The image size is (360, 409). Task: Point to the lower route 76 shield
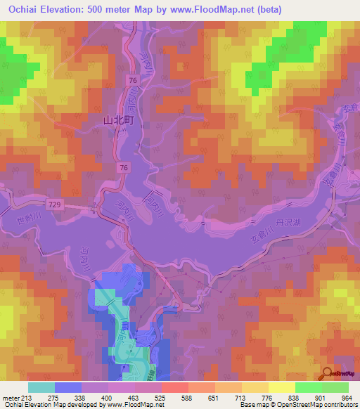[x=124, y=167]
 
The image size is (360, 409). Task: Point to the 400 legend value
[x=105, y=397]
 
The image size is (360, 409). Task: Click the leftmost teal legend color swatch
[x=41, y=387]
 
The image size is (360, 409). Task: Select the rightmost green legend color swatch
[x=335, y=387]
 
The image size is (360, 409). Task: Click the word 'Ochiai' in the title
[x=22, y=9]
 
